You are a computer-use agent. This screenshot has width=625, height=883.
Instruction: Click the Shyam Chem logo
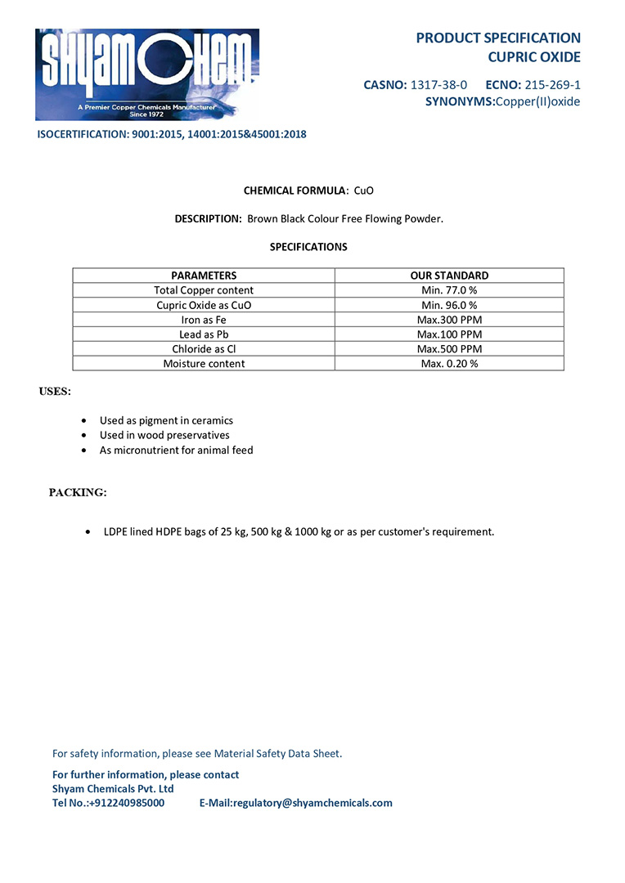click(x=147, y=74)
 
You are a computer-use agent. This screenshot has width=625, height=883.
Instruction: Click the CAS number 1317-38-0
click(x=438, y=84)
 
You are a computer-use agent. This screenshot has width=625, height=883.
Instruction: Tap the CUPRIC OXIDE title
click(x=534, y=57)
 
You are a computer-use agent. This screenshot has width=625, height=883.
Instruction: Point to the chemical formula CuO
click(x=363, y=190)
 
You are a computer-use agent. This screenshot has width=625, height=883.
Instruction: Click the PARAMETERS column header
click(x=204, y=276)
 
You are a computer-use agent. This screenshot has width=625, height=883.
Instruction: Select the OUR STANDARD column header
click(x=449, y=276)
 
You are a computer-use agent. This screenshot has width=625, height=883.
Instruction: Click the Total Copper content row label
click(x=204, y=290)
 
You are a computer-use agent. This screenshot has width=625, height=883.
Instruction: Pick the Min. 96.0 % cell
click(x=449, y=305)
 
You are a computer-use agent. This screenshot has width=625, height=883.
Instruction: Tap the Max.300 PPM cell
click(x=449, y=320)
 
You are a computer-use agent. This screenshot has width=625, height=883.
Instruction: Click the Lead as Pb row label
click(x=204, y=334)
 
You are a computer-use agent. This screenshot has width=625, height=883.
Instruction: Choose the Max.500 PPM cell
click(x=449, y=349)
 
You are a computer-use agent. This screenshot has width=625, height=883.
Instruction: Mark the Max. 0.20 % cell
click(x=449, y=364)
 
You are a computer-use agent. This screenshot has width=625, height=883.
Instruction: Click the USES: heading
click(x=55, y=392)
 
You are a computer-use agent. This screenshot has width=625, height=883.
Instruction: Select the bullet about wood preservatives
click(x=164, y=435)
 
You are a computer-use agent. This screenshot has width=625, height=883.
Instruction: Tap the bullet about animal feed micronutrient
click(x=176, y=450)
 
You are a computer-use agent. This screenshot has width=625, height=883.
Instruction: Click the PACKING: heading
click(x=78, y=492)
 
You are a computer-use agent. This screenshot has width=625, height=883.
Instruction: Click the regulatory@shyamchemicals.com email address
click(x=312, y=803)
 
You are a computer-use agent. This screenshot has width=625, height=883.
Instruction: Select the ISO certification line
click(x=172, y=134)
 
